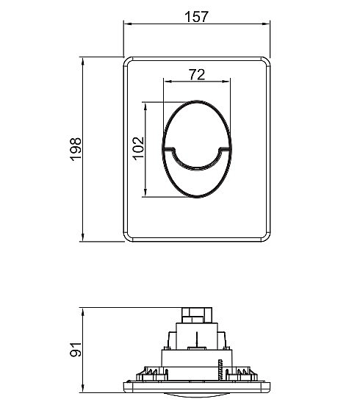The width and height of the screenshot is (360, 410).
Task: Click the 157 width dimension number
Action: coord(196,17)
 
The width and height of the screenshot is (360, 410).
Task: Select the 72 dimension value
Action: coord(197,75)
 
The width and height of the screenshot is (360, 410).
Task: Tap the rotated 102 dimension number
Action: coord(139,148)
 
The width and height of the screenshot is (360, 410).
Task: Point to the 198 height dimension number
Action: coord(76,148)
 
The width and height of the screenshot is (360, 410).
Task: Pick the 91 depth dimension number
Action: coord(76,349)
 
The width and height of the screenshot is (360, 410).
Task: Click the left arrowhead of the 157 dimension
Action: coord(127,24)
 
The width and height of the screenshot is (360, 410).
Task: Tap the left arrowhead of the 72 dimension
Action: coord(168,82)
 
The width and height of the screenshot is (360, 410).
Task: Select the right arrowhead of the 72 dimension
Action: coord(226,82)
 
